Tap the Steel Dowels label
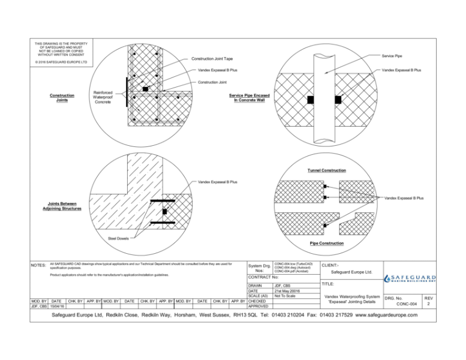[118, 238]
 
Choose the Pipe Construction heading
[326, 243]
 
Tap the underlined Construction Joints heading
[62, 98]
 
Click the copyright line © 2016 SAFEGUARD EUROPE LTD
[62, 61]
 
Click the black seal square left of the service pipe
[311, 98]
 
